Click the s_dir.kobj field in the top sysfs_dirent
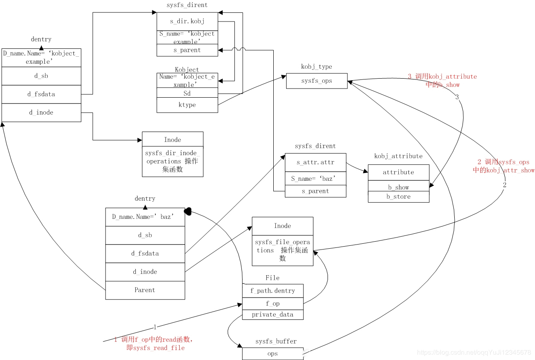point(187,21)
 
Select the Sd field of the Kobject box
point(187,94)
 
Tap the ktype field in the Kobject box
point(187,105)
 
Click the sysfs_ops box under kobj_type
point(317,81)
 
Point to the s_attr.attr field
point(316,163)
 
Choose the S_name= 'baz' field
point(316,179)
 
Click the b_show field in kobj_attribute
point(398,187)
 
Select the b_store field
point(398,197)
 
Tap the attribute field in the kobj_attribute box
point(398,173)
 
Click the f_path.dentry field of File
point(272,291)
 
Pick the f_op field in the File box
point(272,304)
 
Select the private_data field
point(272,314)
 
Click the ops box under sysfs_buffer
point(272,354)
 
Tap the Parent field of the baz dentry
point(145,290)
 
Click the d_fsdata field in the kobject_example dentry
point(41,94)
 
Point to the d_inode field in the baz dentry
point(145,272)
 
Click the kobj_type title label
point(316,67)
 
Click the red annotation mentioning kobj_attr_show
point(504,166)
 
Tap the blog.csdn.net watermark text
point(474,353)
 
